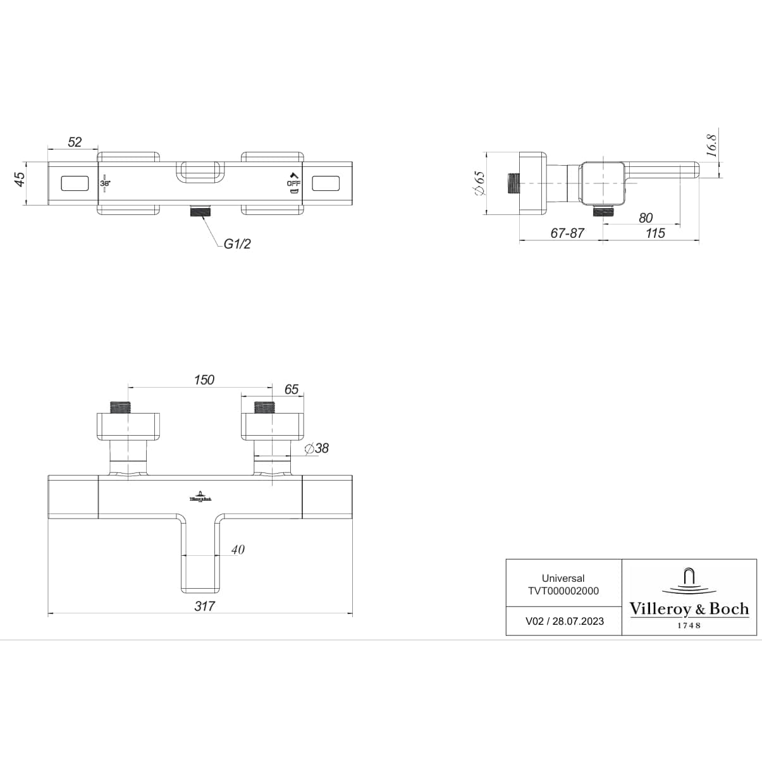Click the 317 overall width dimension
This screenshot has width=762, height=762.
204,606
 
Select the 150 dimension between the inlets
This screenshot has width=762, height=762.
204,379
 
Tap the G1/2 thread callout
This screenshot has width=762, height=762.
237,244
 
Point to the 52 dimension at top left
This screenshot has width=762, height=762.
75,142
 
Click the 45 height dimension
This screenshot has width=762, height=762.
20,179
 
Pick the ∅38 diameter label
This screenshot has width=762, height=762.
317,448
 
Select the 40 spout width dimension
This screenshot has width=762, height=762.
238,550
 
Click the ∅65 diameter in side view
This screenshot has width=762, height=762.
479,184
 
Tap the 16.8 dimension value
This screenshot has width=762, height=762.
711,145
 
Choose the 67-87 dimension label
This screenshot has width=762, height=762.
567,233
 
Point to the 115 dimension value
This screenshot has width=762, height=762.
655,233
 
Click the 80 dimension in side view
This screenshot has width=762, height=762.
646,218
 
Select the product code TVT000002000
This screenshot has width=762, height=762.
563,591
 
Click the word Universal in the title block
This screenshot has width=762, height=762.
563,578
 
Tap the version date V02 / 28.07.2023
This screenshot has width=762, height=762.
564,621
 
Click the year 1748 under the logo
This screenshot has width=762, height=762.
689,625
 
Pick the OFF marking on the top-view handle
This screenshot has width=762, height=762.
293,183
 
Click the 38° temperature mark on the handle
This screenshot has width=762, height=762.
105,183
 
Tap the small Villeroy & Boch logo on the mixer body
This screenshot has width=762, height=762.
200,496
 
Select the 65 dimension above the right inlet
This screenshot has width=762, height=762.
291,389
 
